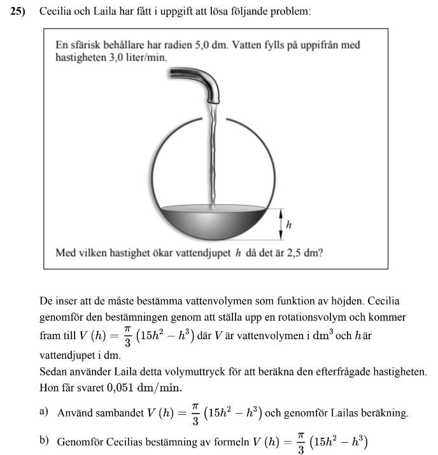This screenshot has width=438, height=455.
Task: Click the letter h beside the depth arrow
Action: (x=289, y=224)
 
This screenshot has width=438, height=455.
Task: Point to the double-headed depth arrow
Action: (x=281, y=224)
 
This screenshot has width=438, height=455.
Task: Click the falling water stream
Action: (x=213, y=153)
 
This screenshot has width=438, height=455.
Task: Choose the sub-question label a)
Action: (x=44, y=412)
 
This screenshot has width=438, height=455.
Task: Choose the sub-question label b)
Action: (x=44, y=440)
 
